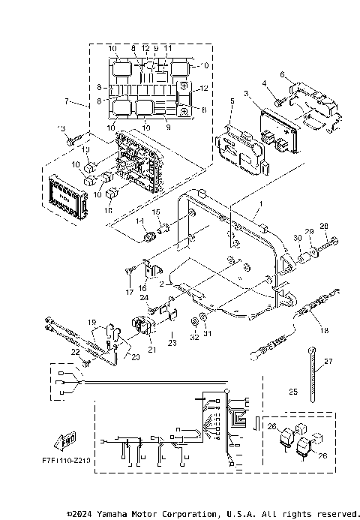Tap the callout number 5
coord(232,101)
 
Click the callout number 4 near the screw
coord(264,83)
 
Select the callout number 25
coord(293,392)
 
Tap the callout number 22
coord(74,352)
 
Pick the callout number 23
coord(173,343)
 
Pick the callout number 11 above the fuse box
coord(168,48)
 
